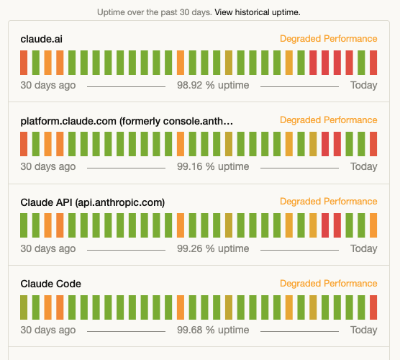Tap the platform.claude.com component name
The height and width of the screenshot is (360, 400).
pyautogui.click(x=127, y=120)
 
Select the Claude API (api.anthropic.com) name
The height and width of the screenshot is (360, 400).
pyautogui.click(x=93, y=202)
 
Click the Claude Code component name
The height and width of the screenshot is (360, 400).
pyautogui.click(x=50, y=284)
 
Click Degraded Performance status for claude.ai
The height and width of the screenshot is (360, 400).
pyautogui.click(x=328, y=39)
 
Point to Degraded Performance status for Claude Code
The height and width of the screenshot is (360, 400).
pyautogui.click(x=328, y=284)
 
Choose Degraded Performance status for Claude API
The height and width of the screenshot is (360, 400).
pyautogui.click(x=328, y=202)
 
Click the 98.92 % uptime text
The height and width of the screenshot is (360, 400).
pyautogui.click(x=213, y=85)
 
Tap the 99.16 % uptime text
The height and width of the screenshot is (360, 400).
pyautogui.click(x=213, y=166)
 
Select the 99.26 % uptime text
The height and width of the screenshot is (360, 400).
pyautogui.click(x=213, y=248)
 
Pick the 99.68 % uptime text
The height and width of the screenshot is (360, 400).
pyautogui.click(x=213, y=330)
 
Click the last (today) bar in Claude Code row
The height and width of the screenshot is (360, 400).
pyautogui.click(x=373, y=307)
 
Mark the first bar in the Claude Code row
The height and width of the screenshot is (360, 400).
pyautogui.click(x=24, y=307)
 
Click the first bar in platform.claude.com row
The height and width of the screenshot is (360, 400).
pyautogui.click(x=24, y=144)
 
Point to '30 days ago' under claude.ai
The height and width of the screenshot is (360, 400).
pyautogui.click(x=47, y=85)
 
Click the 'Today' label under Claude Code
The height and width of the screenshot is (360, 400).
pyautogui.click(x=363, y=330)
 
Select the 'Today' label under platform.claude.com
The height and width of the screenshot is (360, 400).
pyautogui.click(x=363, y=166)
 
